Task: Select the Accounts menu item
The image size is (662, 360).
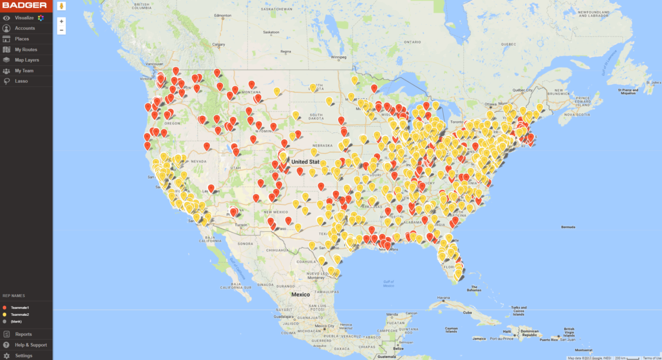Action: click(x=24, y=28)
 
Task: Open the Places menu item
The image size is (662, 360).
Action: click(x=22, y=39)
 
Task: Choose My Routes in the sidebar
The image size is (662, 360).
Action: click(x=26, y=50)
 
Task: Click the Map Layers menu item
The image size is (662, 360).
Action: click(x=26, y=60)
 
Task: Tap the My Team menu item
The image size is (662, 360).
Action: click(x=24, y=71)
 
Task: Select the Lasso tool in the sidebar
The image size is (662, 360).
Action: click(x=21, y=81)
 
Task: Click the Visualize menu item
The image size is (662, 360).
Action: click(x=24, y=18)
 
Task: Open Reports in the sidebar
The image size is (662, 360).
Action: click(x=23, y=334)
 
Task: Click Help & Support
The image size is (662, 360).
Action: click(x=31, y=345)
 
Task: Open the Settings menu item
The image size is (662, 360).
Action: click(x=23, y=356)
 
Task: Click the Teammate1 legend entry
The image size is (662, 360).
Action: click(x=20, y=307)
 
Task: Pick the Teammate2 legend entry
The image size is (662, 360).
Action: click(x=20, y=314)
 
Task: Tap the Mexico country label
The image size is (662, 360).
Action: click(x=301, y=295)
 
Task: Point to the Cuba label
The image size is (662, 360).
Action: click(x=469, y=312)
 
